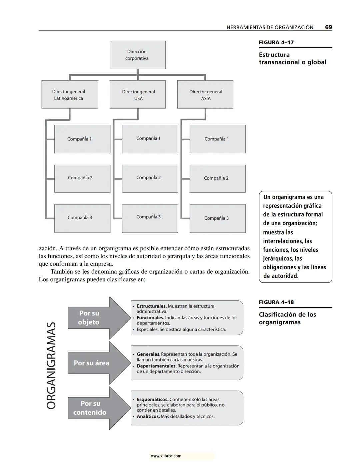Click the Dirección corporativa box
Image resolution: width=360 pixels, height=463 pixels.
click(137, 55)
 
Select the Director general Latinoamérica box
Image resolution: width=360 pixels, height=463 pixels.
click(70, 95)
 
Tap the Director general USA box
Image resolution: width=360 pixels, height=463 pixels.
click(138, 95)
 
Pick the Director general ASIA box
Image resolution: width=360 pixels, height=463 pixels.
click(205, 95)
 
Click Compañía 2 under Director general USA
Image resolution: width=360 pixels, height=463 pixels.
click(150, 178)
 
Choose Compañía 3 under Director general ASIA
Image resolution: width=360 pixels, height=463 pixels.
click(217, 218)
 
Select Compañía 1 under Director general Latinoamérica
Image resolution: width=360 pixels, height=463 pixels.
click(82, 139)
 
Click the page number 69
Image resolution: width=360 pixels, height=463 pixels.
click(328, 27)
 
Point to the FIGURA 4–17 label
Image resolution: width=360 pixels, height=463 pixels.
click(276, 42)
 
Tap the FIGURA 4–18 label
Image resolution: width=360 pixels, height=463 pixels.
click(276, 302)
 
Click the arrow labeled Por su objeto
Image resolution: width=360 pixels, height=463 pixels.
click(97, 318)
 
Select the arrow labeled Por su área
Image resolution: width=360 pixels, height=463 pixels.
click(97, 363)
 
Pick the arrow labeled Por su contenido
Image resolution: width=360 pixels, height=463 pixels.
click(97, 408)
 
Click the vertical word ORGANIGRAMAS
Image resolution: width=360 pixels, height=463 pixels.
click(51, 365)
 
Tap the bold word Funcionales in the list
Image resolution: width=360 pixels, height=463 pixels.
click(150, 318)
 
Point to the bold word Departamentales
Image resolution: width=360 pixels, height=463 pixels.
click(156, 366)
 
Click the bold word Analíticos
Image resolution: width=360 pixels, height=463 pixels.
click(148, 416)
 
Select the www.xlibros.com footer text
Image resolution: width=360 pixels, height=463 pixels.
click(166, 456)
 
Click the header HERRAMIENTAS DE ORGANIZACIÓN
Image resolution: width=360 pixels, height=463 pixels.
click(270, 27)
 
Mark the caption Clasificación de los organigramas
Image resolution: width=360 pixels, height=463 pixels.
click(287, 318)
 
